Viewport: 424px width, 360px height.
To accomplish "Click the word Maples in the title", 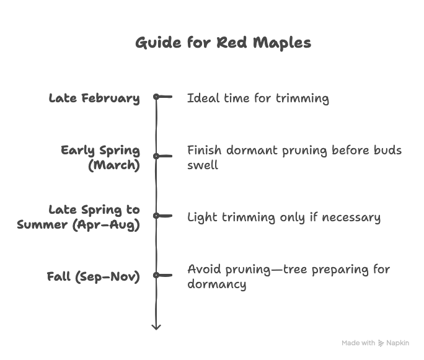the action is pyautogui.click(x=282, y=43).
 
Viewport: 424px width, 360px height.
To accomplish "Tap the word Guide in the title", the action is pyautogui.click(x=158, y=43).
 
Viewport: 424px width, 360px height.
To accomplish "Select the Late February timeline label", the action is pyautogui.click(x=94, y=98).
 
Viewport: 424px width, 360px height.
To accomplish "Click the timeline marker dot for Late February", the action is pyautogui.click(x=156, y=97).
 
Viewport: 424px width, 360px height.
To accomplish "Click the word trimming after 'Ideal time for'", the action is pyautogui.click(x=303, y=99).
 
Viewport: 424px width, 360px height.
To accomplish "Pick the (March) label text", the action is pyautogui.click(x=114, y=165).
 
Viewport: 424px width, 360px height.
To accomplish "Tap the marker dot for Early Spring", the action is pyautogui.click(x=156, y=156).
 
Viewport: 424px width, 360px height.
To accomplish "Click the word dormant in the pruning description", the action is pyautogui.click(x=252, y=151).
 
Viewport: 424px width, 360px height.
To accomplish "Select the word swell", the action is pyautogui.click(x=203, y=165).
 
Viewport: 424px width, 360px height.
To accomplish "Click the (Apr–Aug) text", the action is pyautogui.click(x=106, y=225).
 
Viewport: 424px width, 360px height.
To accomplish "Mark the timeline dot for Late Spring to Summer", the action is pyautogui.click(x=156, y=216).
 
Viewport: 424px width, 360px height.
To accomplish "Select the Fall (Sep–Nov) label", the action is pyautogui.click(x=93, y=277).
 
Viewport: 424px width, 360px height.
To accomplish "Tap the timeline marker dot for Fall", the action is pyautogui.click(x=156, y=275).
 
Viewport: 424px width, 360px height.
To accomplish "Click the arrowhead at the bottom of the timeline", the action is pyautogui.click(x=156, y=327).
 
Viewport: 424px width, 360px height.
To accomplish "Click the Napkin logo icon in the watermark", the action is pyautogui.click(x=381, y=343).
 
